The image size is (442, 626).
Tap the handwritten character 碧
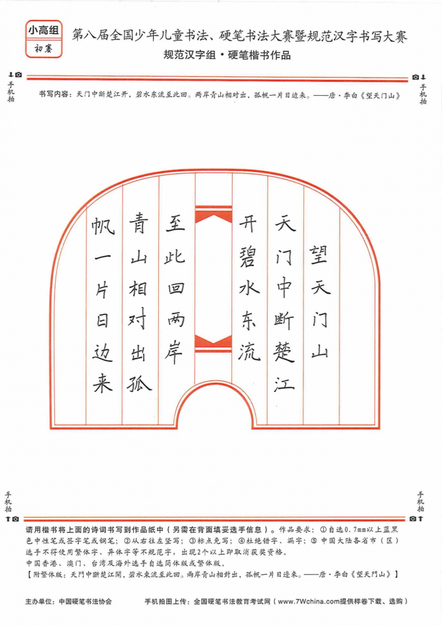248,257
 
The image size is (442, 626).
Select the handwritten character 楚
284,352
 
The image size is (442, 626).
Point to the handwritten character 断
284,320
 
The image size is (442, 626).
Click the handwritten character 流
249,352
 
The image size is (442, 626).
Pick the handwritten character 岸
174,352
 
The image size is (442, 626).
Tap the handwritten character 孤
139,384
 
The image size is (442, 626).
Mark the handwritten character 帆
103,225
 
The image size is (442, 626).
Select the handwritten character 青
138,223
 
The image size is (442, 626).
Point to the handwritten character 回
176,288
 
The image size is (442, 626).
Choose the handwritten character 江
284,384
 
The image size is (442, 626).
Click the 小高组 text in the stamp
44,30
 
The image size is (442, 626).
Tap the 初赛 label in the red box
43,49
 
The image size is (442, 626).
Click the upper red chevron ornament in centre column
213,216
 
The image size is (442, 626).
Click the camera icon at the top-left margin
19,74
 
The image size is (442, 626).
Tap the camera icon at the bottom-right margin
413,518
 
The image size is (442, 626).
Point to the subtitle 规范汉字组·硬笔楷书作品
227,55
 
